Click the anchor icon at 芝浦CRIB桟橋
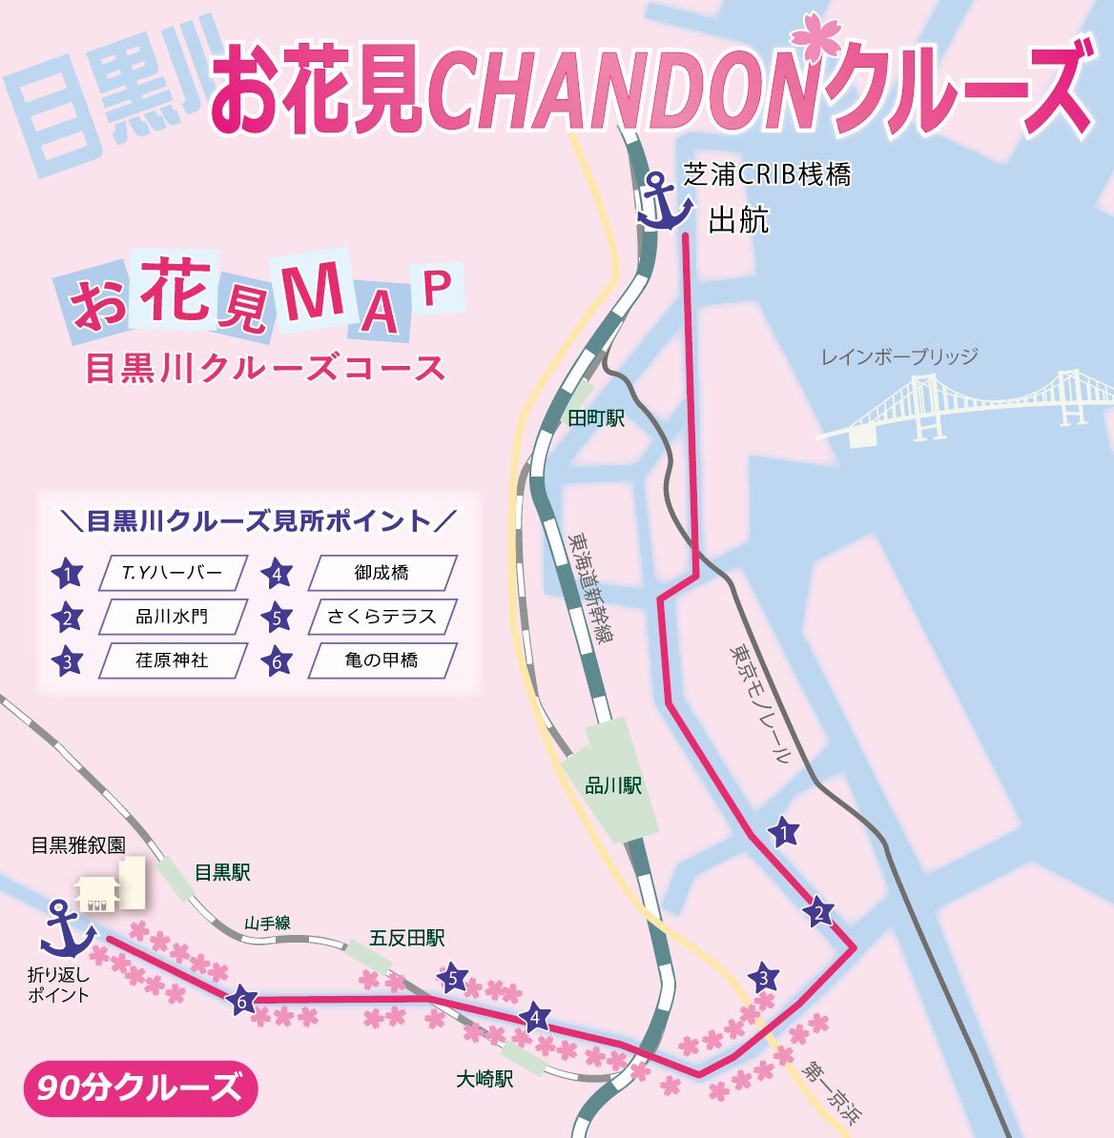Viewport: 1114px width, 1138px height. (x=665, y=201)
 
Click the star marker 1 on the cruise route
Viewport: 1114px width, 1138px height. (x=783, y=833)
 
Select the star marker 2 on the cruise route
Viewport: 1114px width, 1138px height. (x=818, y=914)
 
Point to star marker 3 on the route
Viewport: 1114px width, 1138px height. (x=763, y=978)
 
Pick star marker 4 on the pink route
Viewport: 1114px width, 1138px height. (x=536, y=1018)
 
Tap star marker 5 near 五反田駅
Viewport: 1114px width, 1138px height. (x=454, y=978)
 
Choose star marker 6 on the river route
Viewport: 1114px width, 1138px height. (x=242, y=1001)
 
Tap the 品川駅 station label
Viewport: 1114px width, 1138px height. (x=613, y=786)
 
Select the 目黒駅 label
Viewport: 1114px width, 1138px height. (x=222, y=872)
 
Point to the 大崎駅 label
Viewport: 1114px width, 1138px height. (x=485, y=1080)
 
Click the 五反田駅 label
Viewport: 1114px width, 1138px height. (x=407, y=939)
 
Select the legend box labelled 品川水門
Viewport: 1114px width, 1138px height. (x=173, y=617)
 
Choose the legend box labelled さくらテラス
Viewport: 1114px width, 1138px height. (x=382, y=617)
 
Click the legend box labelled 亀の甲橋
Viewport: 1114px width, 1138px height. (x=382, y=660)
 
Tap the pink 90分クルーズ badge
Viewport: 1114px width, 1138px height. (x=140, y=1087)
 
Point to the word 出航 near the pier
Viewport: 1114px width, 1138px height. (x=738, y=221)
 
